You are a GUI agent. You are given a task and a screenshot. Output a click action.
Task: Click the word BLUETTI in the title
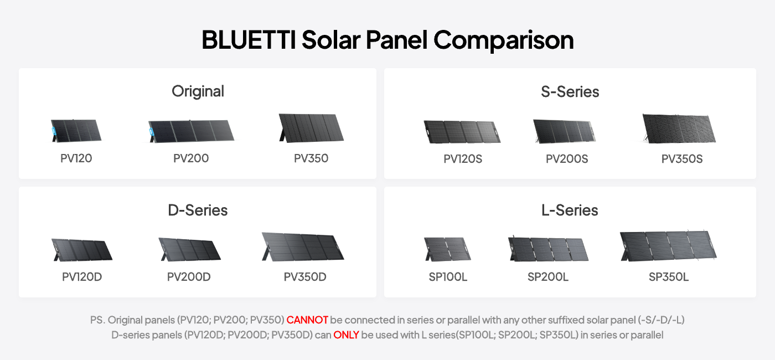pyautogui.click(x=249, y=40)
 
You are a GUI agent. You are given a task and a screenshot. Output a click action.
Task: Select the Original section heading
pyautogui.click(x=198, y=92)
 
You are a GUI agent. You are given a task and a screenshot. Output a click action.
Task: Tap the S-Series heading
pyautogui.click(x=570, y=92)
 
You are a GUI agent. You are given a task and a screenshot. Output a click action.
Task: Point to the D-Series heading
pyautogui.click(x=198, y=210)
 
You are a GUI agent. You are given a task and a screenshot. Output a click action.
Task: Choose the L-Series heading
pyautogui.click(x=570, y=210)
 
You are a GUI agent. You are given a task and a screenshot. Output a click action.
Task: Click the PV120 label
pyautogui.click(x=76, y=158)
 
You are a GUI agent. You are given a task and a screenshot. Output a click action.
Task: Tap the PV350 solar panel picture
pyautogui.click(x=311, y=128)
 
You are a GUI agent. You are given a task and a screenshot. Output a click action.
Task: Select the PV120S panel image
pyautogui.click(x=462, y=132)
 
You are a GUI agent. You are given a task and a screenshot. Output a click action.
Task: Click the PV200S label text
pyautogui.click(x=567, y=159)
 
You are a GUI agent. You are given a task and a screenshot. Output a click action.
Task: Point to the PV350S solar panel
pyautogui.click(x=679, y=128)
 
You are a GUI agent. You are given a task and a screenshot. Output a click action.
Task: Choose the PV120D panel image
pyautogui.click(x=82, y=250)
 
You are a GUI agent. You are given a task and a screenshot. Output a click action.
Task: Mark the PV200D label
pyautogui.click(x=189, y=277)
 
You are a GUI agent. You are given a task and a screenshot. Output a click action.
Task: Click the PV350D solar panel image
pyautogui.click(x=303, y=246)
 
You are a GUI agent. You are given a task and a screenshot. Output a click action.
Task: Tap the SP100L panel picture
pyautogui.click(x=447, y=249)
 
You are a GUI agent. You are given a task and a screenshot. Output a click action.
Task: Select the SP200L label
pyautogui.click(x=547, y=277)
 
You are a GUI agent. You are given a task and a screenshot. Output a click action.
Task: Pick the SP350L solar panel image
pyautogui.click(x=668, y=246)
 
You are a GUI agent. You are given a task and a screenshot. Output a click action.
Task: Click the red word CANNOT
pyautogui.click(x=307, y=320)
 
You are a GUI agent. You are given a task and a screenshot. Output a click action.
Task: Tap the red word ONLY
pyautogui.click(x=346, y=335)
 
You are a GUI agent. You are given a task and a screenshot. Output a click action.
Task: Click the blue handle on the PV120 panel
pyautogui.click(x=54, y=132)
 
